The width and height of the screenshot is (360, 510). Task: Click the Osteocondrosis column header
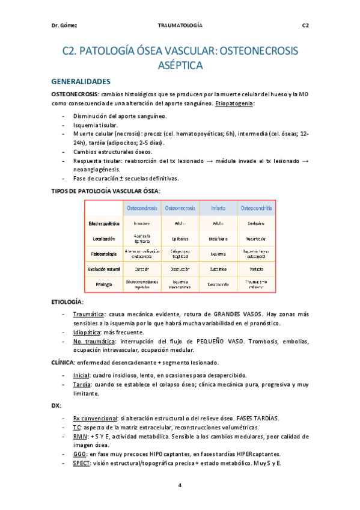click(x=142, y=208)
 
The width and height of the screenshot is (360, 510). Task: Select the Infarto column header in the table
click(x=218, y=208)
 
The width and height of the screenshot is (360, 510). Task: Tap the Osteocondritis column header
click(x=256, y=208)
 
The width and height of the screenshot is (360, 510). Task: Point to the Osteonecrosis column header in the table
click(x=180, y=208)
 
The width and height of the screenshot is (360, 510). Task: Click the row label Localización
click(x=105, y=238)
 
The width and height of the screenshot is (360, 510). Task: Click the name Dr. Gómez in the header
click(x=64, y=25)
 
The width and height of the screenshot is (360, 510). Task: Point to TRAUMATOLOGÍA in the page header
click(x=180, y=25)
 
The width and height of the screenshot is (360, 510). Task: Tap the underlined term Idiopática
click(x=90, y=332)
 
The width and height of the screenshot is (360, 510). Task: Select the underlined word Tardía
click(x=83, y=384)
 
